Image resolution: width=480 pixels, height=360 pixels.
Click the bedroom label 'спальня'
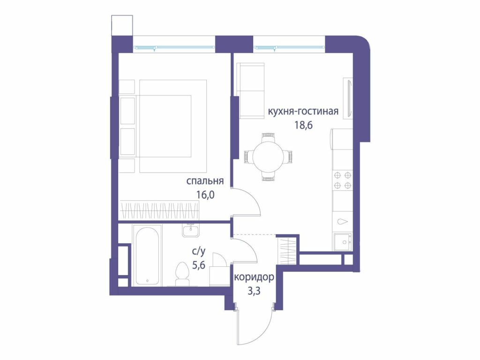(205, 181)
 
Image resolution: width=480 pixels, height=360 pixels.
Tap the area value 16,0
(206, 195)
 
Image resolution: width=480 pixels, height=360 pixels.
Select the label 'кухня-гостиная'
(303, 111)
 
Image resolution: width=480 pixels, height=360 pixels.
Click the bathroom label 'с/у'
(199, 252)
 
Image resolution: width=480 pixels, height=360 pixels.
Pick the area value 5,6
(199, 265)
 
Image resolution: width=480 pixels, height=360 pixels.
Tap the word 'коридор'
(254, 277)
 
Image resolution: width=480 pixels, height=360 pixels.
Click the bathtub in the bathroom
(147, 256)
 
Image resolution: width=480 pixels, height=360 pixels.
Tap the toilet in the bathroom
(183, 274)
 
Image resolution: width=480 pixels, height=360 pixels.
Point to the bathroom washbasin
(190, 230)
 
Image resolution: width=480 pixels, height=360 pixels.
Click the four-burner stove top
(343, 180)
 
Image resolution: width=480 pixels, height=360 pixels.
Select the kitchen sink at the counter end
(343, 242)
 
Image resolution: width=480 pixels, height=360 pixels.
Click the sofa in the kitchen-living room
(251, 91)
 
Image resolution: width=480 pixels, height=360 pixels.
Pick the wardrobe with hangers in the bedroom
(159, 210)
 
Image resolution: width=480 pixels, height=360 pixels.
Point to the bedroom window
(174, 47)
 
